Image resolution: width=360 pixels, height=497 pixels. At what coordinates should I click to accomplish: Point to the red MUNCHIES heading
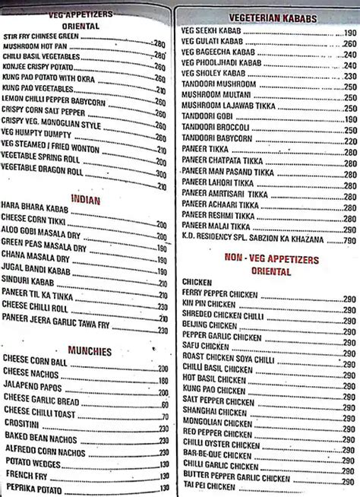pos(89,351)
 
